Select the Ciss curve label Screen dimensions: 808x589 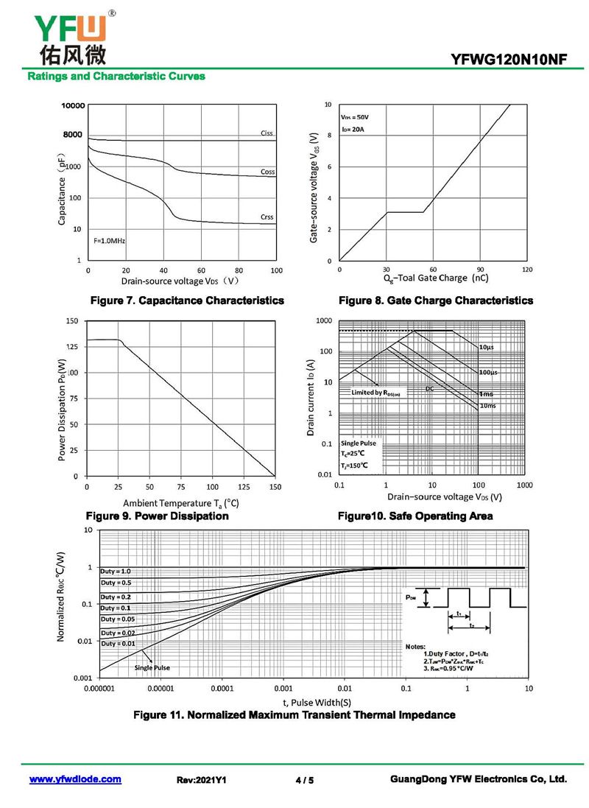coord(267,133)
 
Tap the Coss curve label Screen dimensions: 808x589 coord(267,172)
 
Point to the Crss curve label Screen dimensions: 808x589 coord(267,217)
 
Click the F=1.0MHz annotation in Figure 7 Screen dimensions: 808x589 coord(109,241)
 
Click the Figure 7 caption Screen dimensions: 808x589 coord(186,301)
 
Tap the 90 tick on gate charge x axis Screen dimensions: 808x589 coord(480,269)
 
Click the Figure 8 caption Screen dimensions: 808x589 coord(435,301)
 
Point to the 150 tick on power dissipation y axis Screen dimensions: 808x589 coord(71,321)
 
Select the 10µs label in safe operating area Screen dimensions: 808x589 coord(486,347)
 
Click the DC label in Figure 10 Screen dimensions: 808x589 coord(429,388)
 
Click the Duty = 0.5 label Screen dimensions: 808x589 coord(116,583)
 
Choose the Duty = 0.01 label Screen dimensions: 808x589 coord(118,644)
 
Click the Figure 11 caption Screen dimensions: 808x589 coord(294,714)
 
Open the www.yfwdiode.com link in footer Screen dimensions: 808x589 coord(75,779)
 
